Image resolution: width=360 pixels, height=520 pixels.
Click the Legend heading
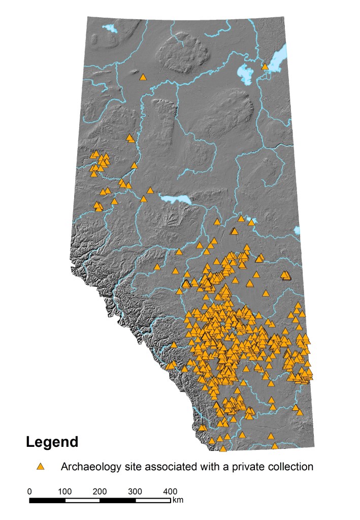pyautogui.click(x=52, y=442)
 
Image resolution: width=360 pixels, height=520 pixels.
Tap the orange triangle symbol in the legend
pyautogui.click(x=41, y=466)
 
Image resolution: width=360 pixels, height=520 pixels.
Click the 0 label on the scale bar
pyautogui.click(x=29, y=492)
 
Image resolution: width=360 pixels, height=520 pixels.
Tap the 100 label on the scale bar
pyautogui.click(x=64, y=492)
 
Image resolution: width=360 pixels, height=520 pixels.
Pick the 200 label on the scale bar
pyautogui.click(x=100, y=492)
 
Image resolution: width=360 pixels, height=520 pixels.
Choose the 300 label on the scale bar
pyautogui.click(x=135, y=492)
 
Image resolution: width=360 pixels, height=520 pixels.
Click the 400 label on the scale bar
pyautogui.click(x=170, y=492)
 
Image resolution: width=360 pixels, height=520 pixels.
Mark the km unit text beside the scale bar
pyautogui.click(x=178, y=500)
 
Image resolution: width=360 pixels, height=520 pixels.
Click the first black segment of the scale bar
pyautogui.click(x=47, y=501)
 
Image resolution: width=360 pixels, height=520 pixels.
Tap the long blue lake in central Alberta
pyautogui.click(x=175, y=199)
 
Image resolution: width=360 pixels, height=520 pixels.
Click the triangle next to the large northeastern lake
pyautogui.click(x=265, y=66)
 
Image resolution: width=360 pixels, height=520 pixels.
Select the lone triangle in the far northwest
pyautogui.click(x=143, y=77)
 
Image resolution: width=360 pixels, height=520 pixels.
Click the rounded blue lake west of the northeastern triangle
pyautogui.click(x=245, y=75)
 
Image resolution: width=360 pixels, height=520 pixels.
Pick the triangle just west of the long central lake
pyautogui.click(x=150, y=190)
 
